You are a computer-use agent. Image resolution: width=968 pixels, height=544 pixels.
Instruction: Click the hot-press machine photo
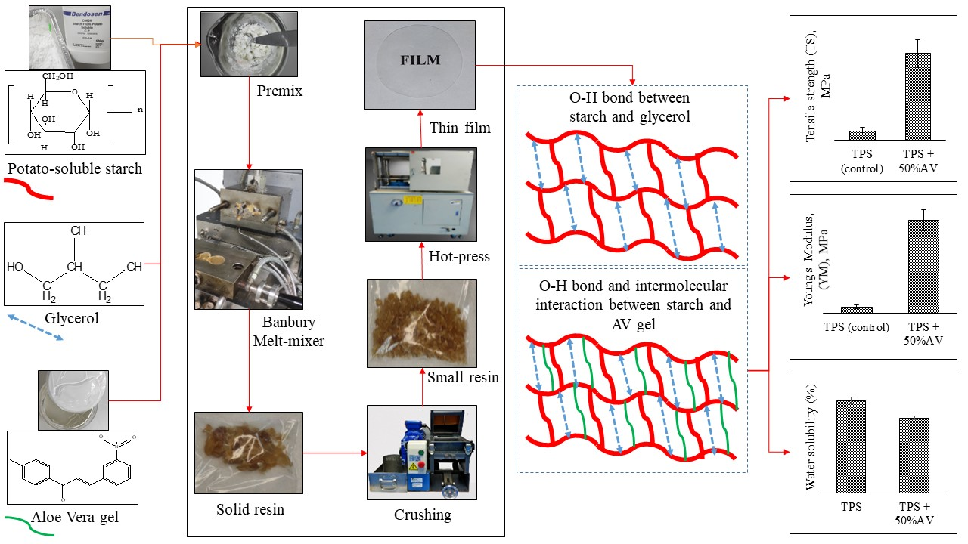point(420,194)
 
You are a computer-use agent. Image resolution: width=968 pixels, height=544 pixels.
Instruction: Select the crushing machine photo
point(421,452)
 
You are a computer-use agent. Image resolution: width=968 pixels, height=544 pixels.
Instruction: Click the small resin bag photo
point(421,323)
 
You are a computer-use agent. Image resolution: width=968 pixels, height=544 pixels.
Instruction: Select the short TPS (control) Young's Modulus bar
point(857,309)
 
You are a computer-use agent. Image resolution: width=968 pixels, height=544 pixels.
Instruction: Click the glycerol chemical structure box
point(73,264)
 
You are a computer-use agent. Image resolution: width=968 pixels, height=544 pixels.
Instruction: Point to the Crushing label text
point(422,515)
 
